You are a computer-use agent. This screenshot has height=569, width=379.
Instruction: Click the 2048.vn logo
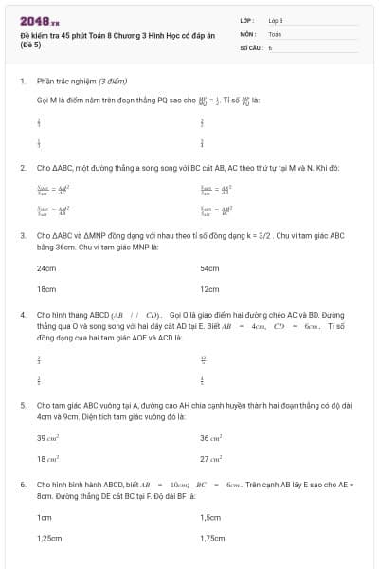(x=39, y=19)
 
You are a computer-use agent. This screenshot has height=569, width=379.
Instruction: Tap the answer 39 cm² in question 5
(x=47, y=438)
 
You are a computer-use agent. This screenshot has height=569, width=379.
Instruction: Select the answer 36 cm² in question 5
(x=210, y=438)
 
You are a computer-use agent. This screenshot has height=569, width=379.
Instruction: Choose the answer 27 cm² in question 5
(x=210, y=458)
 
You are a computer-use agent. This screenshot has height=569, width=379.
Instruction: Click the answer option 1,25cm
(x=49, y=538)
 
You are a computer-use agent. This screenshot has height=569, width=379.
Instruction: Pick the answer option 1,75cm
(x=212, y=538)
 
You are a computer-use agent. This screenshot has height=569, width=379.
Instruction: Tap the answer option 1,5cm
(x=210, y=518)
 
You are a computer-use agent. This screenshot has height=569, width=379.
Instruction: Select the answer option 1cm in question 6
(x=44, y=518)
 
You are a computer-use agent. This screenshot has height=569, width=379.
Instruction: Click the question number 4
(x=23, y=313)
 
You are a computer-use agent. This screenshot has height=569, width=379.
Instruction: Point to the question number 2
(x=23, y=167)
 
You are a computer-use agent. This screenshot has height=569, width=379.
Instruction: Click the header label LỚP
(x=247, y=19)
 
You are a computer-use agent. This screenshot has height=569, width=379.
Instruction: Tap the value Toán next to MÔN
(x=275, y=32)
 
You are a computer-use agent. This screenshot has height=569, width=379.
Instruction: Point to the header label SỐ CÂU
(x=251, y=46)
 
